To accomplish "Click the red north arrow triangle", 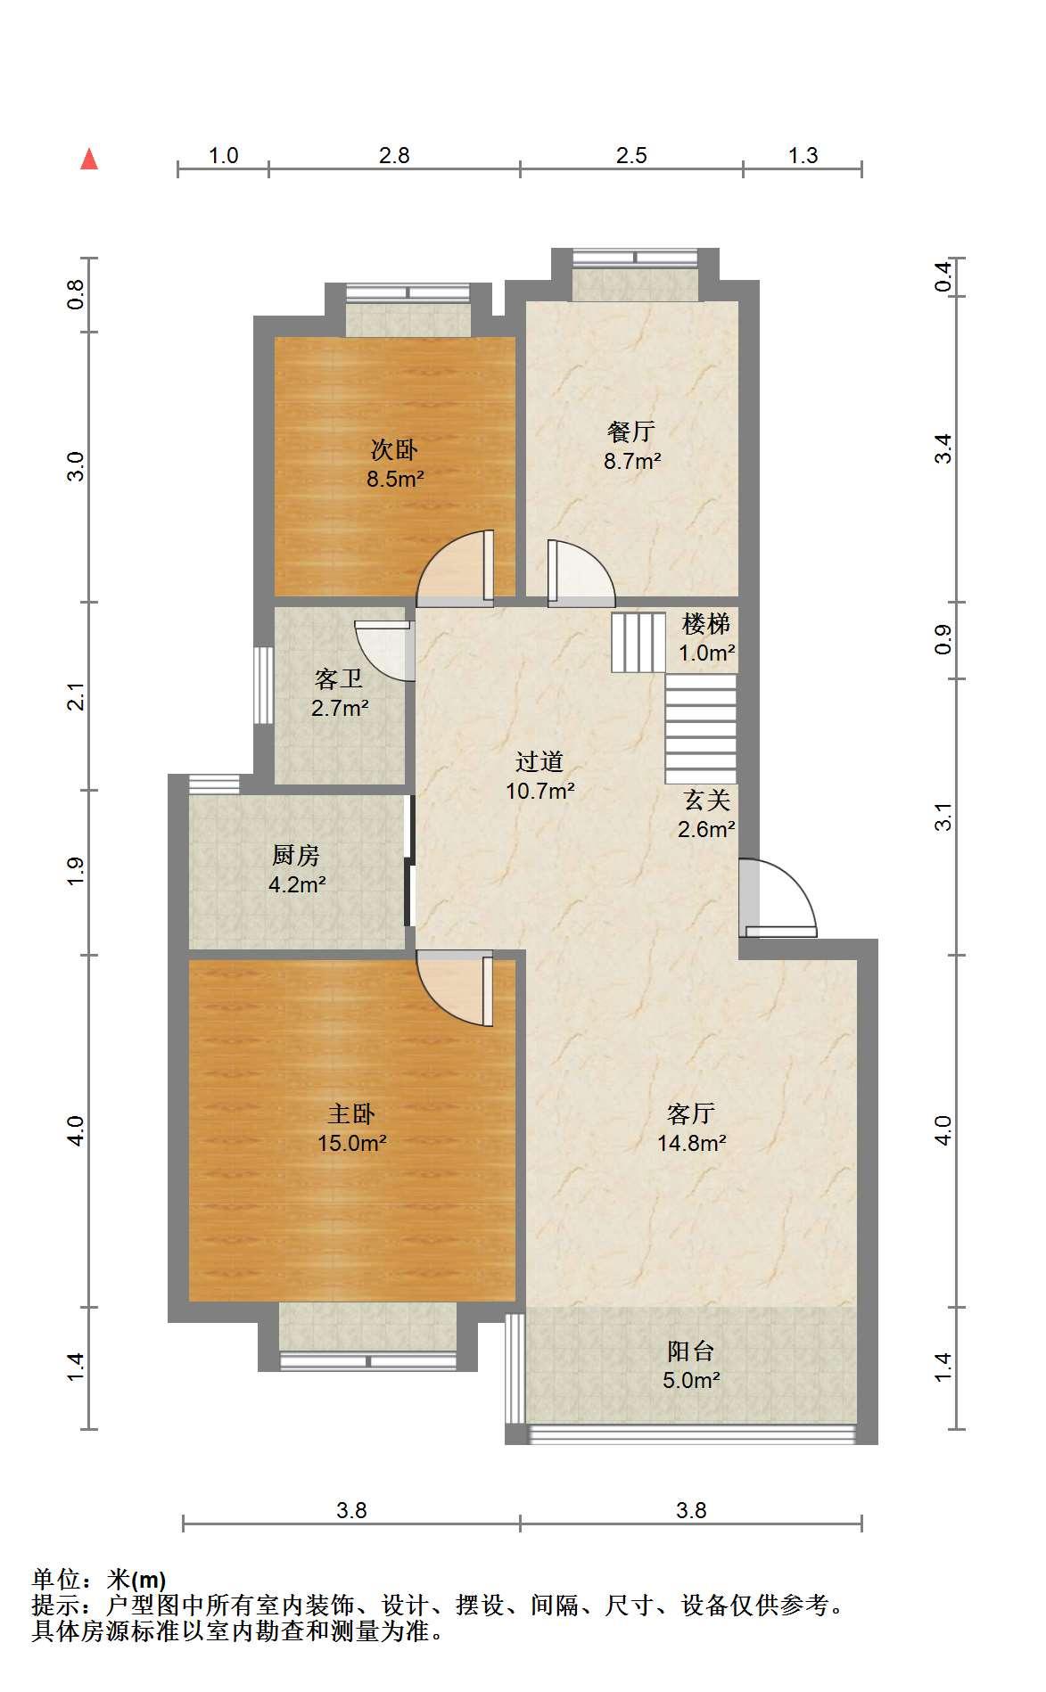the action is [x=89, y=159].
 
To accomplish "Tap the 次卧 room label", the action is [x=394, y=449].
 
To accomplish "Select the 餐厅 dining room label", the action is [x=631, y=431].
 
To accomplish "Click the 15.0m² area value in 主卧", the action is [x=352, y=1142].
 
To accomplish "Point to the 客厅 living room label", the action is [x=691, y=1113].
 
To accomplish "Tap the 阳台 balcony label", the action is [x=691, y=1351].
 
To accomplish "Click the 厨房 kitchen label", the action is [x=296, y=856].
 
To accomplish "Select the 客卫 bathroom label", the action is [x=339, y=679].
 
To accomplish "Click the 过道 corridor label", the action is [x=539, y=761].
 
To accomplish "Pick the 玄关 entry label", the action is [x=707, y=800].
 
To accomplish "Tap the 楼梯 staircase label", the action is [x=706, y=623].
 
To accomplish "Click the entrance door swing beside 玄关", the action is [x=778, y=898].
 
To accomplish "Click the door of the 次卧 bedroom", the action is [x=456, y=569].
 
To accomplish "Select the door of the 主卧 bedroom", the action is [x=456, y=989].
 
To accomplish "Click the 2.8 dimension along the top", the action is [x=394, y=155].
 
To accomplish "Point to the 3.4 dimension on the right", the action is [x=943, y=448].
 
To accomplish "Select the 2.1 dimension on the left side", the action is [x=77, y=695].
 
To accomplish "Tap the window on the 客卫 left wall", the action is [x=263, y=685].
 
